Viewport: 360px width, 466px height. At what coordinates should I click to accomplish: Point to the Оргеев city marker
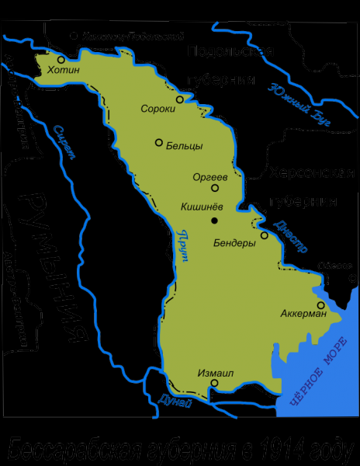coord(215,187)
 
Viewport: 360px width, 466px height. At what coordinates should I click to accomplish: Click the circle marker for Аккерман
coord(321,305)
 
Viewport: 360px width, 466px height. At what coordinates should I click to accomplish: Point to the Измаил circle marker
coord(215,383)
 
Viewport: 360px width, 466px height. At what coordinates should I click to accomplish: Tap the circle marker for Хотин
coord(61,57)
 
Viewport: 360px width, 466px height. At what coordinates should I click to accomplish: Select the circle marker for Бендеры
coord(265,235)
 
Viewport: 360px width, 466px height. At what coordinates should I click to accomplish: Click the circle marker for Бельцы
coord(158,142)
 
